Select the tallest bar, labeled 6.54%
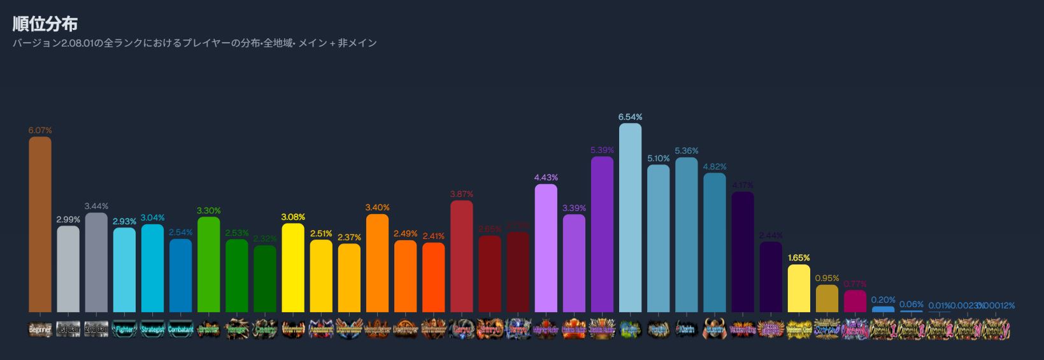[630, 217]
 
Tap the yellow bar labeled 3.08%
[293, 268]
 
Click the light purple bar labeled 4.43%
[546, 248]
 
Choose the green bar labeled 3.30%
[208, 264]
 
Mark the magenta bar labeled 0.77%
[855, 301]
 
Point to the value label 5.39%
[602, 150]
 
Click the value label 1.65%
[799, 258]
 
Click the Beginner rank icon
[40, 329]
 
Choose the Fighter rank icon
[124, 329]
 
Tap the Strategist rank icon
[152, 329]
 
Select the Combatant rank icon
[180, 329]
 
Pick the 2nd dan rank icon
[96, 329]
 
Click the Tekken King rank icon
[743, 329]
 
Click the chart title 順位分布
[45, 24]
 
